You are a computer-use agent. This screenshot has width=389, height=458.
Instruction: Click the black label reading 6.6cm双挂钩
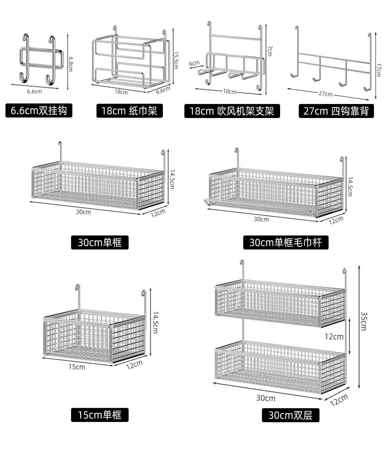[39, 111]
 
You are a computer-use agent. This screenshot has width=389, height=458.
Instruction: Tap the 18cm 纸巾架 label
[129, 111]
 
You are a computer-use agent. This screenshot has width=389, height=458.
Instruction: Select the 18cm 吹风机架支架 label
[232, 111]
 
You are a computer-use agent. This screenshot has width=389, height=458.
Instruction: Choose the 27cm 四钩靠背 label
[336, 111]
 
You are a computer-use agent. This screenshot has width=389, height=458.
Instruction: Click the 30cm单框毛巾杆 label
[286, 242]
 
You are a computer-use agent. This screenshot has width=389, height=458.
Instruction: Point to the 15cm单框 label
[100, 415]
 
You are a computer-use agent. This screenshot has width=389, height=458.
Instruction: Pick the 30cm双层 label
[290, 415]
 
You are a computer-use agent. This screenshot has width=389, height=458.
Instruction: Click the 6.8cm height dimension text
[71, 64]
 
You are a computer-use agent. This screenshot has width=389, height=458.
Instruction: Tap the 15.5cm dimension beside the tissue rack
[176, 60]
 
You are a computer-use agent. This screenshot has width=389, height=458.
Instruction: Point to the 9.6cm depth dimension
[163, 90]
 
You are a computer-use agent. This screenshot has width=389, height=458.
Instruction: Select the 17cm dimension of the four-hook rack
[379, 70]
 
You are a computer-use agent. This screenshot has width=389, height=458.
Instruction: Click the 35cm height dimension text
[364, 321]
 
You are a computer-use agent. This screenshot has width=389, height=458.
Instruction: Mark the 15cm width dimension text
[77, 367]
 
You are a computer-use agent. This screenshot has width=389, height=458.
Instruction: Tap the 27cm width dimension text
[325, 94]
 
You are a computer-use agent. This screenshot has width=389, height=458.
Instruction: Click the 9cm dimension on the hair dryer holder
[194, 63]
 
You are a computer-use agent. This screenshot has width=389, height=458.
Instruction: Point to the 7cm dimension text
[270, 51]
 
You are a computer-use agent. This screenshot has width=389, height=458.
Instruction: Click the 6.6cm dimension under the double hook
[34, 91]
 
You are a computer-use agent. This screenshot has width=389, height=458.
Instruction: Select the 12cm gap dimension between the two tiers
[334, 337]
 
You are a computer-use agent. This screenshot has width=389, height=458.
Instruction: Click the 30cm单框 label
[100, 242]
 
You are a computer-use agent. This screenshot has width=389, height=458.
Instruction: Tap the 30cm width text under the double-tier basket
[266, 398]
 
